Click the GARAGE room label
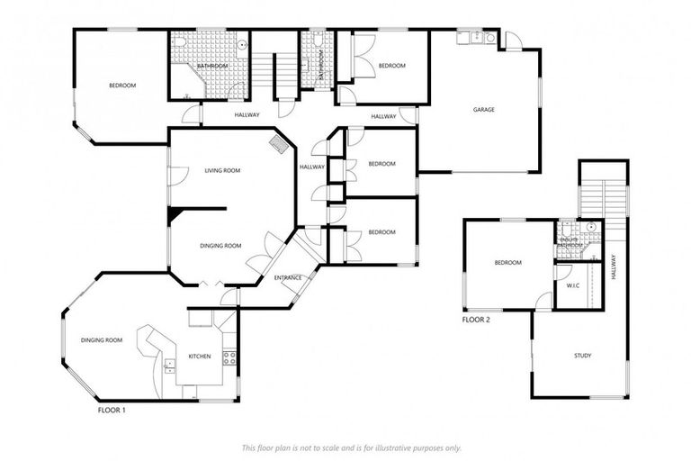[484, 110]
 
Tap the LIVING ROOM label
[222, 170]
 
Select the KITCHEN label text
[199, 357]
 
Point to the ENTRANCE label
[288, 277]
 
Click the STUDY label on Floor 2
[582, 356]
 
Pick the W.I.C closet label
[572, 286]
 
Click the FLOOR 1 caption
[112, 410]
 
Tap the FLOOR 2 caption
[477, 320]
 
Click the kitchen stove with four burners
[229, 357]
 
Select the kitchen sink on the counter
[169, 365]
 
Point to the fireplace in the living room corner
[280, 144]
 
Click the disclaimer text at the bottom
[351, 447]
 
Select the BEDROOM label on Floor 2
[507, 263]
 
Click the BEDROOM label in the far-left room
[121, 86]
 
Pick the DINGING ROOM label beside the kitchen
[101, 340]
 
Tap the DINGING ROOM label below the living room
[220, 246]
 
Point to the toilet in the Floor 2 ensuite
[590, 227]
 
